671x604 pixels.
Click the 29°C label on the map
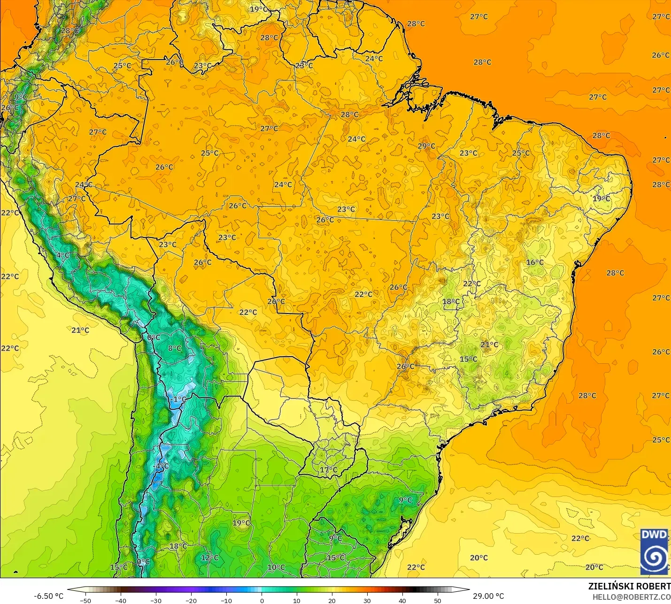tap(426, 146)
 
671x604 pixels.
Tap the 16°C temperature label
tap(535, 262)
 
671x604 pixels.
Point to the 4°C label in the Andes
tap(63, 255)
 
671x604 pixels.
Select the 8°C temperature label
tap(175, 348)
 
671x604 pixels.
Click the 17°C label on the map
tap(329, 470)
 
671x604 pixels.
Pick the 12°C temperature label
tap(209, 558)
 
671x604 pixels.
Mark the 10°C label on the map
tap(276, 567)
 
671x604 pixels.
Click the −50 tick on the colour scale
tap(85, 600)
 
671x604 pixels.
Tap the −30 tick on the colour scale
tap(156, 600)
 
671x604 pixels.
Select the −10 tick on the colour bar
tap(226, 600)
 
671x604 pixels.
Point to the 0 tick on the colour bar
tap(262, 600)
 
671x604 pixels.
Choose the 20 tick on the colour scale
tap(332, 600)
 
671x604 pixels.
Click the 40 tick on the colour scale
tap(402, 600)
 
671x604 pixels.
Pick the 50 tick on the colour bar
tap(438, 600)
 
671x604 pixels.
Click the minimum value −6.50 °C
tap(48, 596)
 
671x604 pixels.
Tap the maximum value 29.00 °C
tap(488, 596)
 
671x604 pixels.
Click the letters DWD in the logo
tap(654, 535)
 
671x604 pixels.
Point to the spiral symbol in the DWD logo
tap(654, 558)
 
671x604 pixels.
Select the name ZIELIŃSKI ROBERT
tap(629, 586)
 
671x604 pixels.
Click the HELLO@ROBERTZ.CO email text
tap(631, 597)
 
